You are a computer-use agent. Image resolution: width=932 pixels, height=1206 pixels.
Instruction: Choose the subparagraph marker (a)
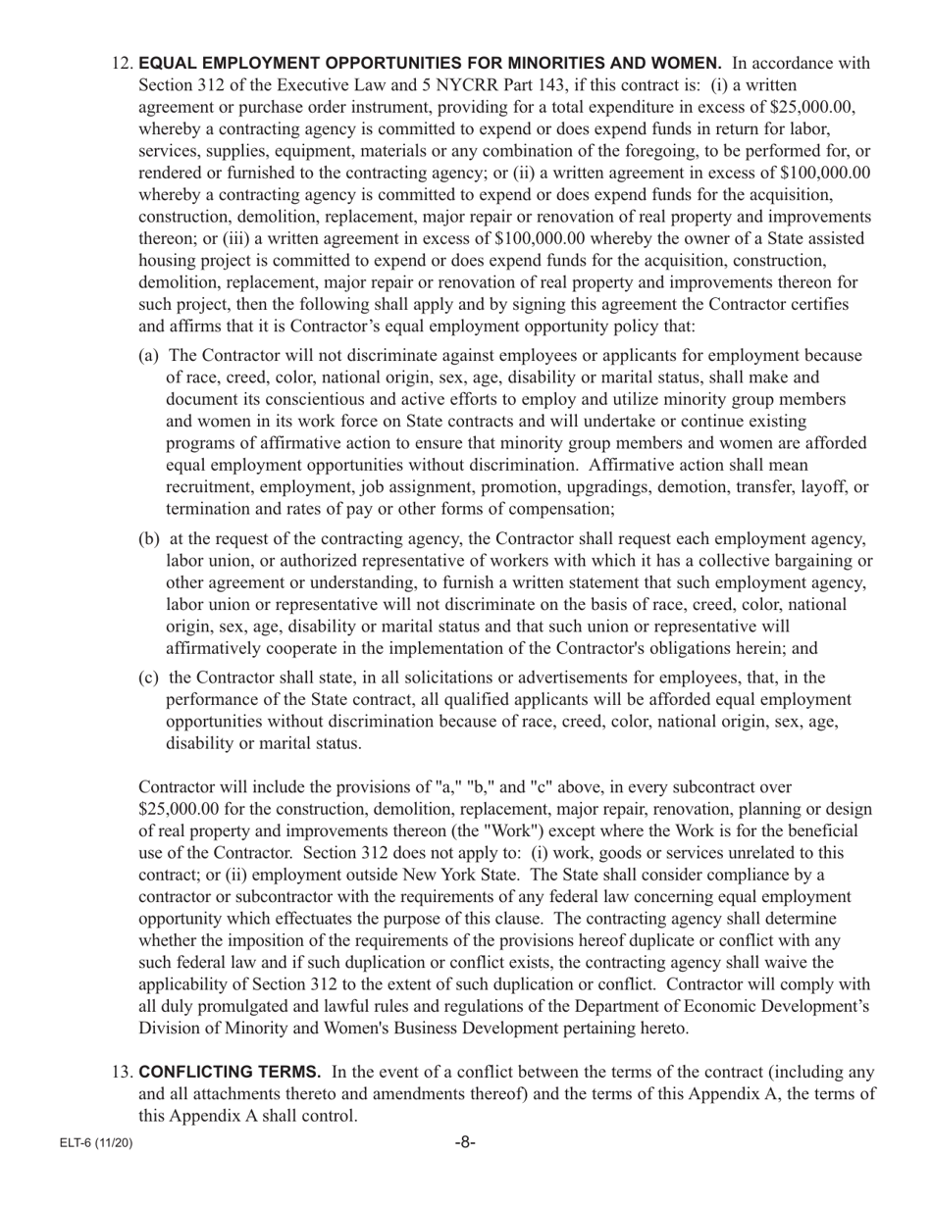[x=149, y=355]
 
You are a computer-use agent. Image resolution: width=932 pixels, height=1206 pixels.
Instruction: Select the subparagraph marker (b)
[x=149, y=539]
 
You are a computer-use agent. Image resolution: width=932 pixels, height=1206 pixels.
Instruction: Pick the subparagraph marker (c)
[x=149, y=678]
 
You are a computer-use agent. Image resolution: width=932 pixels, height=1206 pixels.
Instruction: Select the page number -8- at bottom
[x=465, y=1143]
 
